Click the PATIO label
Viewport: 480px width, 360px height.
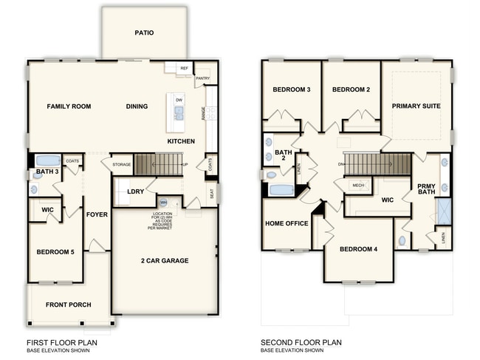point(144,33)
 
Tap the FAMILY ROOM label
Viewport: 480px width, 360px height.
point(69,106)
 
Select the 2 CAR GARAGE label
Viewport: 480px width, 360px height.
point(165,260)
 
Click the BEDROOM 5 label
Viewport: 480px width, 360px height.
point(56,252)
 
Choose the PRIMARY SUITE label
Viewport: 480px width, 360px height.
point(416,106)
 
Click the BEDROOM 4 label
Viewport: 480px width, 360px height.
point(359,249)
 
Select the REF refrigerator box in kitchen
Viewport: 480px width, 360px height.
point(184,68)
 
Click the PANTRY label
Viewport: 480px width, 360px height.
point(202,78)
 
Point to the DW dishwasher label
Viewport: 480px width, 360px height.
point(179,100)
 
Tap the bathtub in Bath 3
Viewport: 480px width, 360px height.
point(49,161)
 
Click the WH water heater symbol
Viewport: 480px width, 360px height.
point(163,203)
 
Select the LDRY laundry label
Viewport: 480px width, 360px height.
point(135,191)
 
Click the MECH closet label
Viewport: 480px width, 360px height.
point(358,186)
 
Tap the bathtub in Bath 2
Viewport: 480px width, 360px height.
point(281,190)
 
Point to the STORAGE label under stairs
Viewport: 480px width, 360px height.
point(122,165)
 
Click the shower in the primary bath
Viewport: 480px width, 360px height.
point(444,211)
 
